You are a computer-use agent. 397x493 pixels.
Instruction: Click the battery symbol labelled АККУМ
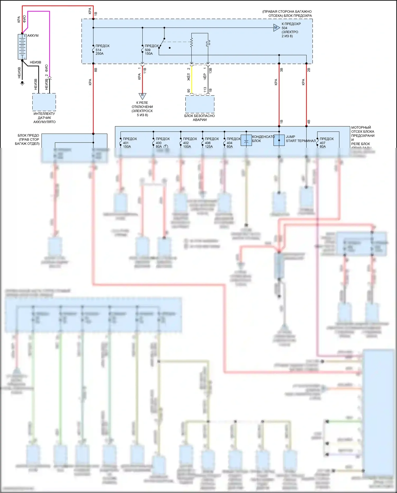[x=22, y=47]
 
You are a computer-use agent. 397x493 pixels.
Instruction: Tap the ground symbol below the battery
[x=22, y=83]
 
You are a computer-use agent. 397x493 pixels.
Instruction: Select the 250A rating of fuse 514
[x=100, y=54]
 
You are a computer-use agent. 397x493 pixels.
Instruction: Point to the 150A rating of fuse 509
[x=149, y=54]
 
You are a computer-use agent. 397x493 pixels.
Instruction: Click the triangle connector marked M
[x=276, y=28]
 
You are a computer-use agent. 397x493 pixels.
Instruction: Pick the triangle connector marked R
[x=142, y=96]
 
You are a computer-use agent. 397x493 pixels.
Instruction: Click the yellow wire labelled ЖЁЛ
[x=192, y=79]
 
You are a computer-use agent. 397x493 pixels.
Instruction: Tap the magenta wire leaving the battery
[x=49, y=40]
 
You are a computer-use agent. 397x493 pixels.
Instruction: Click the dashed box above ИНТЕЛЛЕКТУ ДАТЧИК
[x=44, y=102]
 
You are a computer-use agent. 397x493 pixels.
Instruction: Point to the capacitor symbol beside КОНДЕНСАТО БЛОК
[x=246, y=140]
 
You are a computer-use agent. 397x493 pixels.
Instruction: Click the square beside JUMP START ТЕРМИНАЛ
[x=279, y=140]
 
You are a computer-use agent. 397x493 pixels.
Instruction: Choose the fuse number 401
[x=126, y=143]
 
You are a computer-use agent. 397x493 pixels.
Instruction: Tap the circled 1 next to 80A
[x=166, y=146]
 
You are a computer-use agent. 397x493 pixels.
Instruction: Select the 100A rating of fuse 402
[x=187, y=146]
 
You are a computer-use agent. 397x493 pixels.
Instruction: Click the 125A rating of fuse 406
[x=209, y=146]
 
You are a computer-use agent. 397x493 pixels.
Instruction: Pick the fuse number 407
[x=322, y=143]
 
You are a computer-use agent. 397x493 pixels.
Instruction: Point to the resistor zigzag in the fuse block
[x=191, y=42]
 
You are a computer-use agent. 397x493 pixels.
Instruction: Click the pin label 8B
[x=96, y=70]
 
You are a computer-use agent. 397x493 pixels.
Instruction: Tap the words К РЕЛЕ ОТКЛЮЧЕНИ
[x=142, y=105]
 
